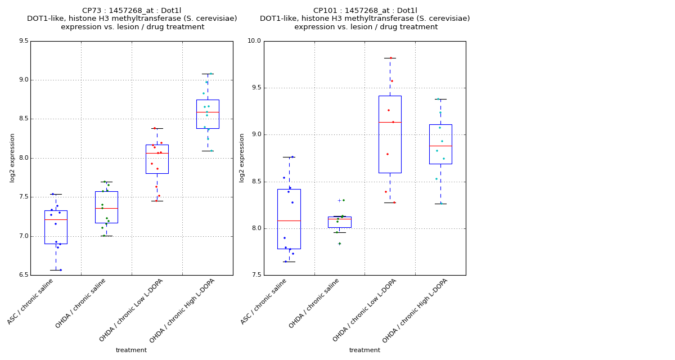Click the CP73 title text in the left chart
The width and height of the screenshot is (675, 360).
click(x=132, y=11)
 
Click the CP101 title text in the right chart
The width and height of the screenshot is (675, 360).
click(x=365, y=11)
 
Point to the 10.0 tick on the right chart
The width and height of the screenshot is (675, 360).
click(x=254, y=41)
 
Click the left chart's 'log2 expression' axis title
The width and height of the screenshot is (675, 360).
click(x=12, y=158)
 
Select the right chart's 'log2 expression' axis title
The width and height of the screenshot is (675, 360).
click(x=242, y=158)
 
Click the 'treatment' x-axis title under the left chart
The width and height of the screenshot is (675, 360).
click(x=131, y=350)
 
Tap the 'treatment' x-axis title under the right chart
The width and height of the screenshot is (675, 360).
click(x=364, y=350)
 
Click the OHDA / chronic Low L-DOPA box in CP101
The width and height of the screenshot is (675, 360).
click(x=390, y=134)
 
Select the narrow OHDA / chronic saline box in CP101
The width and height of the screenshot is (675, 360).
click(x=339, y=222)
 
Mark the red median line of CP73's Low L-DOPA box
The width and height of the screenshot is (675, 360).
click(x=157, y=153)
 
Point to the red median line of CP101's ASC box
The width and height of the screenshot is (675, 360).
click(x=289, y=220)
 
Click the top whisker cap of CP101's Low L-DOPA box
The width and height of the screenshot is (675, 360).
click(x=390, y=58)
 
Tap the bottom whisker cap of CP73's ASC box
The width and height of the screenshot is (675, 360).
click(x=56, y=270)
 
